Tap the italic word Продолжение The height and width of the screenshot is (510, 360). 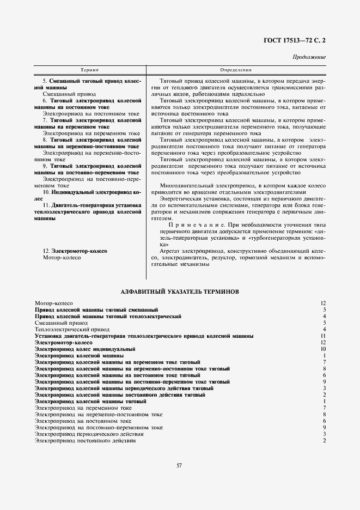pyautogui.click(x=309, y=57)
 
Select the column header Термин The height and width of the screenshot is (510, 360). pyautogui.click(x=89, y=70)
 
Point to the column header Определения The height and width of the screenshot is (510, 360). pyautogui.click(x=235, y=70)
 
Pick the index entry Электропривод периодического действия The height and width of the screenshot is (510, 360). pyautogui.click(x=89, y=434)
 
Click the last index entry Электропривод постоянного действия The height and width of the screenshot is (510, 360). pyautogui.click(x=85, y=440)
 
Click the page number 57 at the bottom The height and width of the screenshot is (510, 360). pyautogui.click(x=179, y=465)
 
